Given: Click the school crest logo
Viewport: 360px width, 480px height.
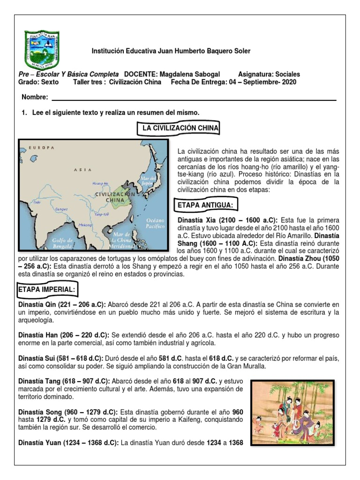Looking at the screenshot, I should [x=41, y=49].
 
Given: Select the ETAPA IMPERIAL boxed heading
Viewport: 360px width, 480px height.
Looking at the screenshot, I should [x=46, y=290].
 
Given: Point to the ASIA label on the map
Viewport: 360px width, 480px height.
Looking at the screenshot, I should [x=82, y=170].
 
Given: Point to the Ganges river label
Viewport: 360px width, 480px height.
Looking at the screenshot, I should [x=61, y=209].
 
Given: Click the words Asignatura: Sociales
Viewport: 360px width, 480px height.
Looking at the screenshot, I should [x=269, y=74].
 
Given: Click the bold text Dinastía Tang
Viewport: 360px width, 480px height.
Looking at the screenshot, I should [x=38, y=381].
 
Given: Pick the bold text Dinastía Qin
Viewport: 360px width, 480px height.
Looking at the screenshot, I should [x=37, y=304].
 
